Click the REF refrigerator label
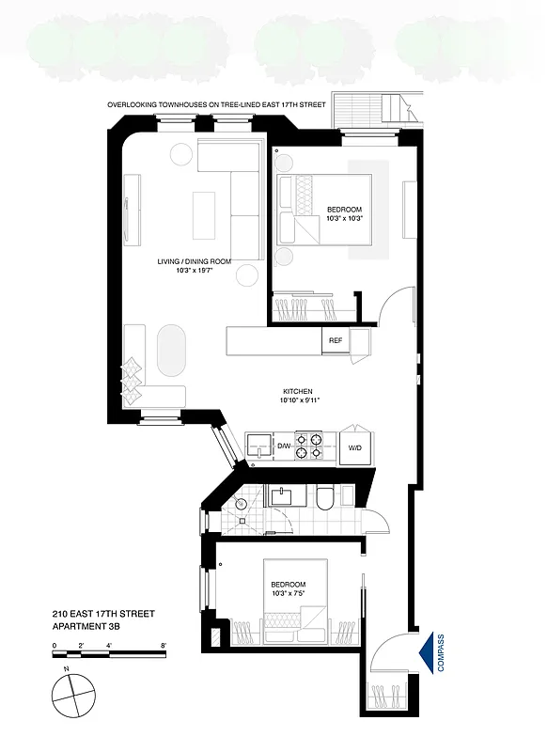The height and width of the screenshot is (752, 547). pos(336,341)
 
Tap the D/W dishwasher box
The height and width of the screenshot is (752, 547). pos(283,446)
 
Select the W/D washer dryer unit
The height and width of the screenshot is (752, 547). pos(355,448)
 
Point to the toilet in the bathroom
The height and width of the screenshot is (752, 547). pos(322,498)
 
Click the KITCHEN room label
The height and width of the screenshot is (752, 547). pos(298,391)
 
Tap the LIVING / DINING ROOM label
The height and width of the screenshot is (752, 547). pos(195,261)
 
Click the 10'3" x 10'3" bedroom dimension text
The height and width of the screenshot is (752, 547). pos(344,218)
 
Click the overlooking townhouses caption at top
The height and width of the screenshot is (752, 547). pos(216,106)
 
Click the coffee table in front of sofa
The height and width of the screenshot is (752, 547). pos(204,215)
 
